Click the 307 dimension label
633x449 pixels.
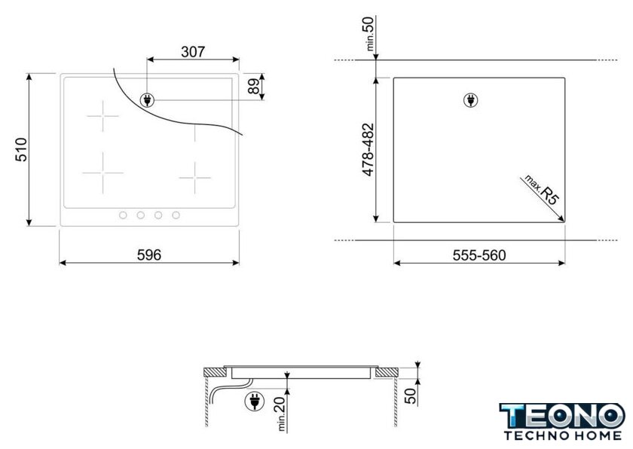coord(193,52)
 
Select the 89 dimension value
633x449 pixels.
coord(253,87)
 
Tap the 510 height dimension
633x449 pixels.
coord(21,150)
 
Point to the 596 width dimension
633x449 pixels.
coord(149,255)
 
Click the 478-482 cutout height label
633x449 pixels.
coord(368,150)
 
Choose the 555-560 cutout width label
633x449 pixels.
coord(479,255)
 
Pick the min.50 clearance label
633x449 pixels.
coord(370,33)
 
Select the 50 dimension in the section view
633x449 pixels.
coord(410,396)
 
